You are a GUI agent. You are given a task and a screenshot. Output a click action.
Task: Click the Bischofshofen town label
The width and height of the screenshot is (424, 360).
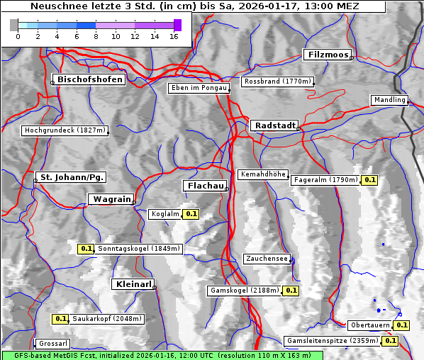pos(91,79)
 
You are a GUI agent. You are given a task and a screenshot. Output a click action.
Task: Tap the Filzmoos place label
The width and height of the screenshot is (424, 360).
pos(328,55)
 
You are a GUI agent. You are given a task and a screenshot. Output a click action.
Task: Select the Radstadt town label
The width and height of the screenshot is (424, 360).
pos(274,125)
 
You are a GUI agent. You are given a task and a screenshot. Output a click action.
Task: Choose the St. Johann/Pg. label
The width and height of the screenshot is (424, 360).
pos(72,176)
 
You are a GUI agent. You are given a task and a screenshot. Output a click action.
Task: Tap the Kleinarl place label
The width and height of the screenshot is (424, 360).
pos(133,284)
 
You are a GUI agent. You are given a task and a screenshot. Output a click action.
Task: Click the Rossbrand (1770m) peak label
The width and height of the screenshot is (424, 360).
pos(277,81)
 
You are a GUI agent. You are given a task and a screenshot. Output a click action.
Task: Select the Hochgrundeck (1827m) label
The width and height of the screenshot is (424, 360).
pos(65,130)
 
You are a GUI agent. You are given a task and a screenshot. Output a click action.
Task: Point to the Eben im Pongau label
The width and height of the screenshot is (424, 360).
pos(198,88)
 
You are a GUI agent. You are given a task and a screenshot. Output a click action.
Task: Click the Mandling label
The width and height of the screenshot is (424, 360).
pos(389,100)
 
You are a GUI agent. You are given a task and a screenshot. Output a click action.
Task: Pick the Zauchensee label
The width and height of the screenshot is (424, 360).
pos(267,259)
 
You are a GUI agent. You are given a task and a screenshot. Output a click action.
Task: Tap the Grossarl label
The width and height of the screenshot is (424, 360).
pos(52,344)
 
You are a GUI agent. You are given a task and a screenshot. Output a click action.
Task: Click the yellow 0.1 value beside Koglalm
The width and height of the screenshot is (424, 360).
pos(191,213)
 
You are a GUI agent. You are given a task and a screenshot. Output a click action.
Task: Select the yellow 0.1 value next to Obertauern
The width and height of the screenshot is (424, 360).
pos(402,325)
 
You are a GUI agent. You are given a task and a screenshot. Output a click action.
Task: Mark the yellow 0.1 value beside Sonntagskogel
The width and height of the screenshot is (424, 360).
pos(86,249)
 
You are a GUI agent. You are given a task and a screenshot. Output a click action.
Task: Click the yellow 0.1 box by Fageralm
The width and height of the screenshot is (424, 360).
pos(369,180)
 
